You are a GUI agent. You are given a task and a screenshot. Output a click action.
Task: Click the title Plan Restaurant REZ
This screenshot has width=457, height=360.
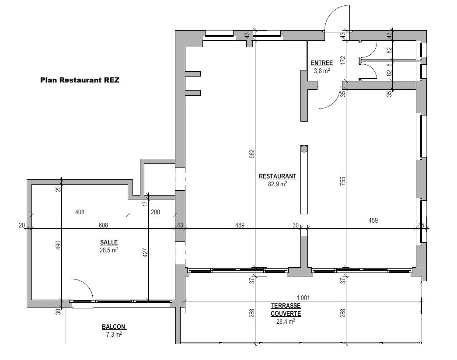[80, 80]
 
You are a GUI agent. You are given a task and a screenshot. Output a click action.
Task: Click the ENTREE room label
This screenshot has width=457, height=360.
[322, 63]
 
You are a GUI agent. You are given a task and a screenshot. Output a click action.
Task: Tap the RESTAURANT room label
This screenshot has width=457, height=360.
[278, 176]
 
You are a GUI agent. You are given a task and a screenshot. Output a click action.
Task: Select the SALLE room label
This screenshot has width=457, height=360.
[109, 242]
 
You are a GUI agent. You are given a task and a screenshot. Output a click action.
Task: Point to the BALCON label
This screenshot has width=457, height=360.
[114, 327]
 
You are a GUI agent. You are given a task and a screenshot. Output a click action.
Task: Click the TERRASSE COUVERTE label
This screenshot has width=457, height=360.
[286, 310]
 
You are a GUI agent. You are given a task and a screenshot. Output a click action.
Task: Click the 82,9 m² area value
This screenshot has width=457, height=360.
[278, 184]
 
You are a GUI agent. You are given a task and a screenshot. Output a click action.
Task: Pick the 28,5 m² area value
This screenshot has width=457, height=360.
[109, 250]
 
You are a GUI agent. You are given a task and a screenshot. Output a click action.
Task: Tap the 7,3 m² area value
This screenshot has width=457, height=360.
[114, 335]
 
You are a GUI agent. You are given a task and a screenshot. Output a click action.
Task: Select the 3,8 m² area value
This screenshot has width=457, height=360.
[322, 70]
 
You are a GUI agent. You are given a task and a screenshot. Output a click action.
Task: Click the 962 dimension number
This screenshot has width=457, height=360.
[252, 154]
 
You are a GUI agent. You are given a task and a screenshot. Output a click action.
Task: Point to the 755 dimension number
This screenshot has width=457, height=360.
[343, 181]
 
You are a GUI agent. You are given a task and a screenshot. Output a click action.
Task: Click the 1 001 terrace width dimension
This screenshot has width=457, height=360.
[303, 297]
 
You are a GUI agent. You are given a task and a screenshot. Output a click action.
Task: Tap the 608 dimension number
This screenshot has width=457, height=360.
[103, 225]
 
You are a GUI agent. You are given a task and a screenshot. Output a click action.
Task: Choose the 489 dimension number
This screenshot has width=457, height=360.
[240, 225]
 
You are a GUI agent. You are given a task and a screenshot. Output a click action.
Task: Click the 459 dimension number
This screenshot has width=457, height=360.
[373, 220]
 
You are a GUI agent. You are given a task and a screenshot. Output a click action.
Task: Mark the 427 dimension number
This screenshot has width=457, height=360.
[146, 252]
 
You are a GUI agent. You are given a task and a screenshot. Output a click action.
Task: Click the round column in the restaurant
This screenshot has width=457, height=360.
[304, 149]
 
